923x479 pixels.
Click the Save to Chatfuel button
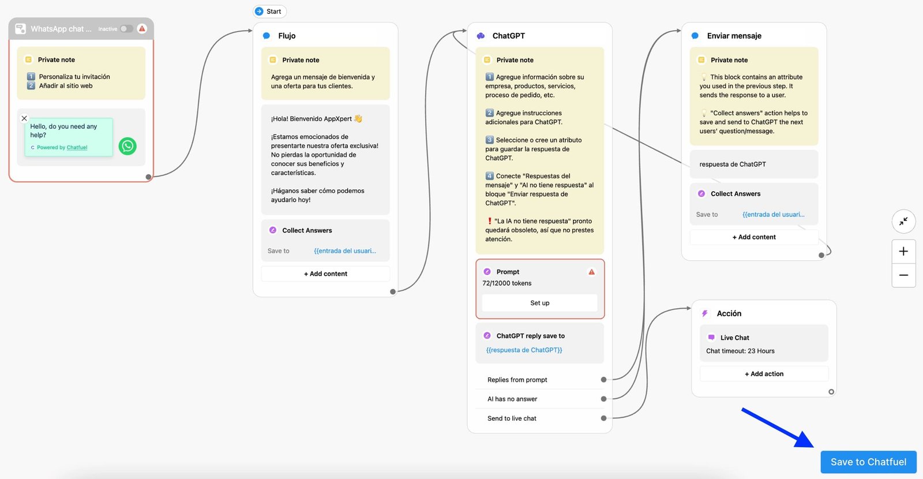[868, 462]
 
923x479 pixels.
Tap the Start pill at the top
[270, 12]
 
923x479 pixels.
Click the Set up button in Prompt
[539, 303]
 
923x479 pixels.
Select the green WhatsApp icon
[127, 146]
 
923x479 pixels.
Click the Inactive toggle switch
[126, 29]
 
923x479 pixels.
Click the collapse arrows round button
[903, 221]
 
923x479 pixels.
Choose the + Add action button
[764, 374]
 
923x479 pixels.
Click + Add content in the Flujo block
[325, 274]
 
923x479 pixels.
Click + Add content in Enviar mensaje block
[754, 237]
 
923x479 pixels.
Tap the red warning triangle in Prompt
[591, 272]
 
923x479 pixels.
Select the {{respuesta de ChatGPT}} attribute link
[524, 350]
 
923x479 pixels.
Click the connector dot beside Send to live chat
[603, 418]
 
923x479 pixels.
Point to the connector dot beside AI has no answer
[603, 399]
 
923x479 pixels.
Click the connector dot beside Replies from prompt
[603, 380]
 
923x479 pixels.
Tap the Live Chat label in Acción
[734, 338]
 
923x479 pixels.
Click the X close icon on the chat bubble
[24, 118]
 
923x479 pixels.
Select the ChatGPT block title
[508, 36]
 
